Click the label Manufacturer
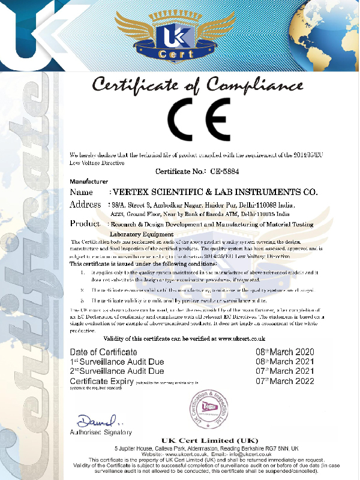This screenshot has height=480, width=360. tap(89, 181)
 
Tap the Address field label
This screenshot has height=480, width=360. tap(85, 205)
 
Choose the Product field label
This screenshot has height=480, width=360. tap(85, 223)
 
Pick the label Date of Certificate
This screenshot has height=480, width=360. tap(103, 352)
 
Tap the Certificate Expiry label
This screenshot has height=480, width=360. tap(101, 381)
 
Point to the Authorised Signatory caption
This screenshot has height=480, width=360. tap(101, 432)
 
